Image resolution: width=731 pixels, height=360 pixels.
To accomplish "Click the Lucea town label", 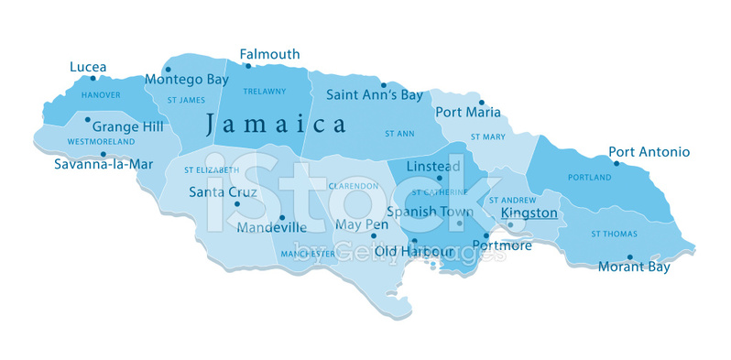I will [88, 67].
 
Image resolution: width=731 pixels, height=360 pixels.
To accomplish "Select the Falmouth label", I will [269, 55].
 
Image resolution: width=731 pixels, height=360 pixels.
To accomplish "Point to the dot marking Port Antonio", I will [616, 164].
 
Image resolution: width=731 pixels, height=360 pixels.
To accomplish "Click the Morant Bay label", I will [634, 267].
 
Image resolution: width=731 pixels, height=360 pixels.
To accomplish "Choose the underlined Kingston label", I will [529, 213].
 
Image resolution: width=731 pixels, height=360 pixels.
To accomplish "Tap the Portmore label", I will [503, 245].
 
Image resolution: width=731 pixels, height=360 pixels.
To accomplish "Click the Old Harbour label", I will [415, 250].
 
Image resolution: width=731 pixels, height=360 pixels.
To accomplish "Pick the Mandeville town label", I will [271, 227].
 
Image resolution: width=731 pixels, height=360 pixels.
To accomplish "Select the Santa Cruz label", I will [223, 192].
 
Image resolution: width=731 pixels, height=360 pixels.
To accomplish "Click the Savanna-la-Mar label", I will [95, 165].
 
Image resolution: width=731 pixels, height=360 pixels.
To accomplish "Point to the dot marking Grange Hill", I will [87, 119].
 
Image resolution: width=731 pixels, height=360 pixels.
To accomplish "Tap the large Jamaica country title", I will [275, 124].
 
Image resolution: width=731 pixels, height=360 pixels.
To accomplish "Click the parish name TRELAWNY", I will [264, 91].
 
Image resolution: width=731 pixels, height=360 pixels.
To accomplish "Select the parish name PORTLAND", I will [589, 177].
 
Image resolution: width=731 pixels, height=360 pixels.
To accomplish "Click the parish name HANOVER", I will [101, 94].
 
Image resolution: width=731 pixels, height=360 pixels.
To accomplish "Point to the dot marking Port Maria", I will [481, 103].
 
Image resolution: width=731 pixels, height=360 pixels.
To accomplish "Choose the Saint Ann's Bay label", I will [374, 94].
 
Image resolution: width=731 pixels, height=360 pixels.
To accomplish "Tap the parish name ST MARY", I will [487, 136].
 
